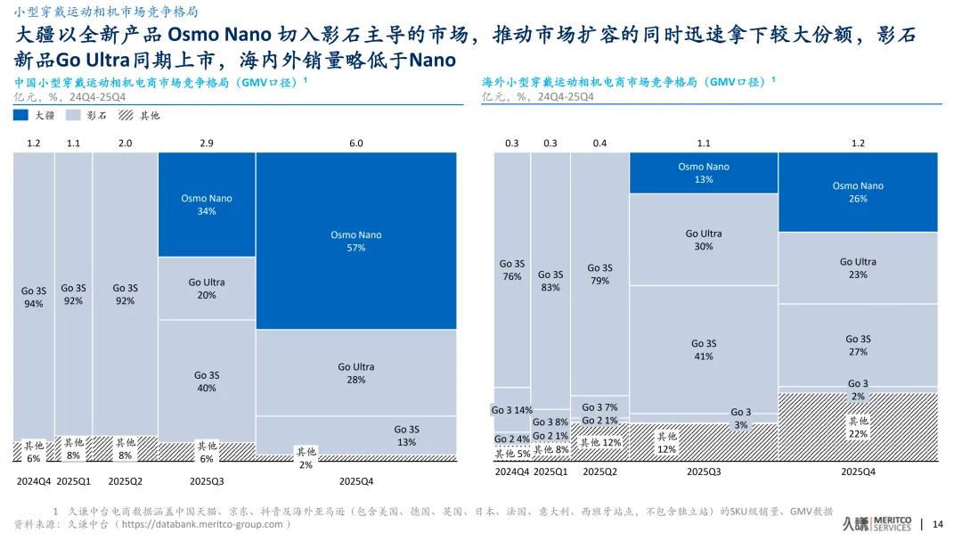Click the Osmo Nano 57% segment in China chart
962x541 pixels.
click(355, 241)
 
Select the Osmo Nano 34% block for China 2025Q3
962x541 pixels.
click(207, 205)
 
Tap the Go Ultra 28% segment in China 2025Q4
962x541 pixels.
click(355, 373)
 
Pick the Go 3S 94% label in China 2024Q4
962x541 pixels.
click(34, 297)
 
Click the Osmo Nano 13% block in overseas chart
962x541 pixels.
click(703, 173)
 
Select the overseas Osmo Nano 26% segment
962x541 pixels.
click(858, 192)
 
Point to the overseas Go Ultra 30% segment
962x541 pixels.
click(703, 240)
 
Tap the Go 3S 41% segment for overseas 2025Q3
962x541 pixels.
click(703, 349)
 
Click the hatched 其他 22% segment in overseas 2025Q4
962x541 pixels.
click(858, 427)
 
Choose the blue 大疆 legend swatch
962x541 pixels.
click(20, 115)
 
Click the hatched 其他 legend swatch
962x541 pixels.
click(126, 115)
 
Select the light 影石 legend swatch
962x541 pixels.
click(73, 115)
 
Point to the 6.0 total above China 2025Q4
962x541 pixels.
click(355, 143)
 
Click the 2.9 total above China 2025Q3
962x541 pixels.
click(207, 143)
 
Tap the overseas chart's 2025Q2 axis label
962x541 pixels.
click(599, 471)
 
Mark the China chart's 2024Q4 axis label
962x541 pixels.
click(34, 480)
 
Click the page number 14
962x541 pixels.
click(937, 523)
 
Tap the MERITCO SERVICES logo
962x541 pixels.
click(876, 523)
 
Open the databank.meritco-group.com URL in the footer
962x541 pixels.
click(206, 524)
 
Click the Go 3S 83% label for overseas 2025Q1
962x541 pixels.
click(550, 281)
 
